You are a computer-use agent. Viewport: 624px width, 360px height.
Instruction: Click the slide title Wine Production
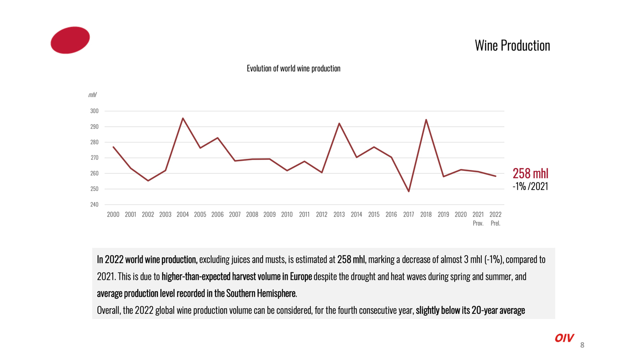point(512,46)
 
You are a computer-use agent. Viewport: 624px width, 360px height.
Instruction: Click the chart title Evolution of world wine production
point(293,69)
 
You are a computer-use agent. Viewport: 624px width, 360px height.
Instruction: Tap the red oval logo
point(70,40)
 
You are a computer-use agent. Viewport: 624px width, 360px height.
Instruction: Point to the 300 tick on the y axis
point(94,111)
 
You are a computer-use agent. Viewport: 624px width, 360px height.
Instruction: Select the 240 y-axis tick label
point(94,204)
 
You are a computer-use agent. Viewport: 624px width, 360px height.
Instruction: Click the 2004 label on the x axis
point(182,215)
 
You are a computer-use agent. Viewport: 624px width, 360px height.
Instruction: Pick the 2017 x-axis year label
point(408,215)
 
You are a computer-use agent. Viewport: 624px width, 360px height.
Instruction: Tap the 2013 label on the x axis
point(339,215)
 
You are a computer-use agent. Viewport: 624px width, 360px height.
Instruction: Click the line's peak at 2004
point(183,118)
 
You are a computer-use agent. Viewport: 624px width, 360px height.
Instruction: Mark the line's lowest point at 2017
point(408,192)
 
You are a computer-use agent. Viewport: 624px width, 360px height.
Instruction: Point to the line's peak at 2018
point(426,120)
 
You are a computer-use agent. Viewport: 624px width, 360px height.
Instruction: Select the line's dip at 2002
point(148,180)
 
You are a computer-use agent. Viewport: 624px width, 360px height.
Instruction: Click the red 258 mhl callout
point(530,173)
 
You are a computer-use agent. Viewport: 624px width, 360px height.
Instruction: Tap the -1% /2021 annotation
point(530,187)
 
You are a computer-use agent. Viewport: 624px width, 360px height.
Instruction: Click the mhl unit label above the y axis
point(92,95)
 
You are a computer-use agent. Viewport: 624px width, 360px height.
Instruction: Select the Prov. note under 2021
point(478,223)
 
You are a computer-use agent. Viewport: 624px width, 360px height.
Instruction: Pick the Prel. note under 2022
point(495,223)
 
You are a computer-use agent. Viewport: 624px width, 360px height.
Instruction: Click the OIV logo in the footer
point(564,338)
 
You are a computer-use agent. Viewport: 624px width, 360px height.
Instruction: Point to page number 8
point(582,345)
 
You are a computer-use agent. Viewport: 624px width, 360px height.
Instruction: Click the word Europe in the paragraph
point(301,277)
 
